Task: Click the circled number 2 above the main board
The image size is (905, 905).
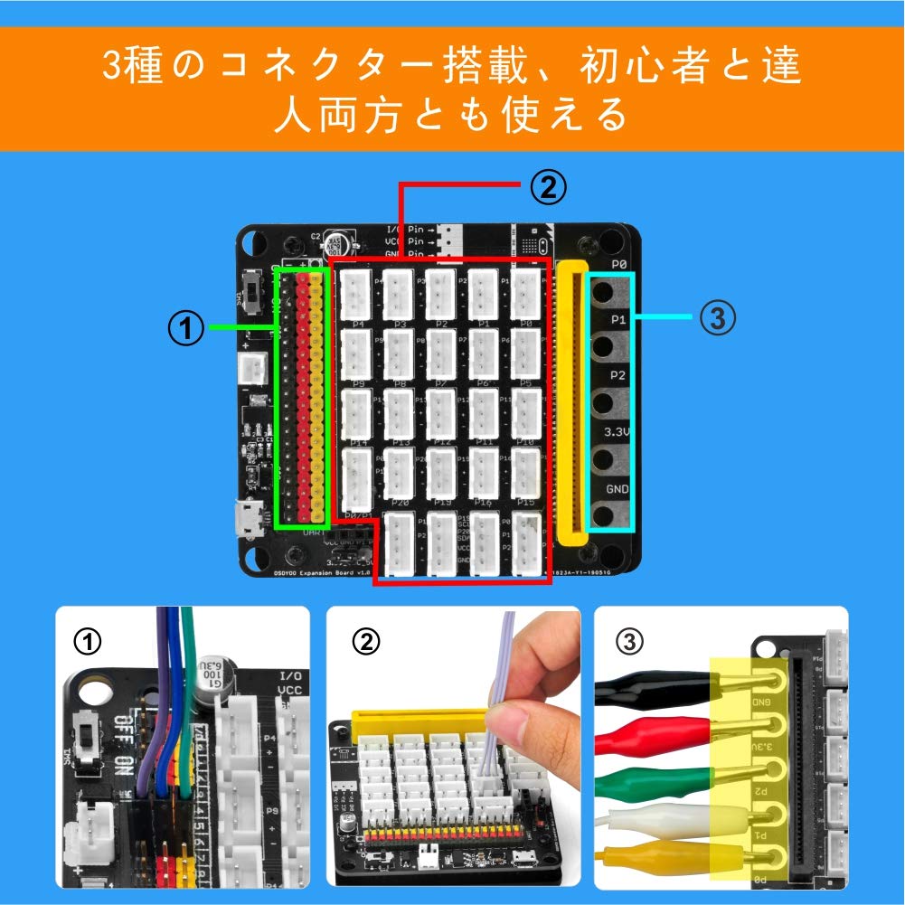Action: (547, 187)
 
